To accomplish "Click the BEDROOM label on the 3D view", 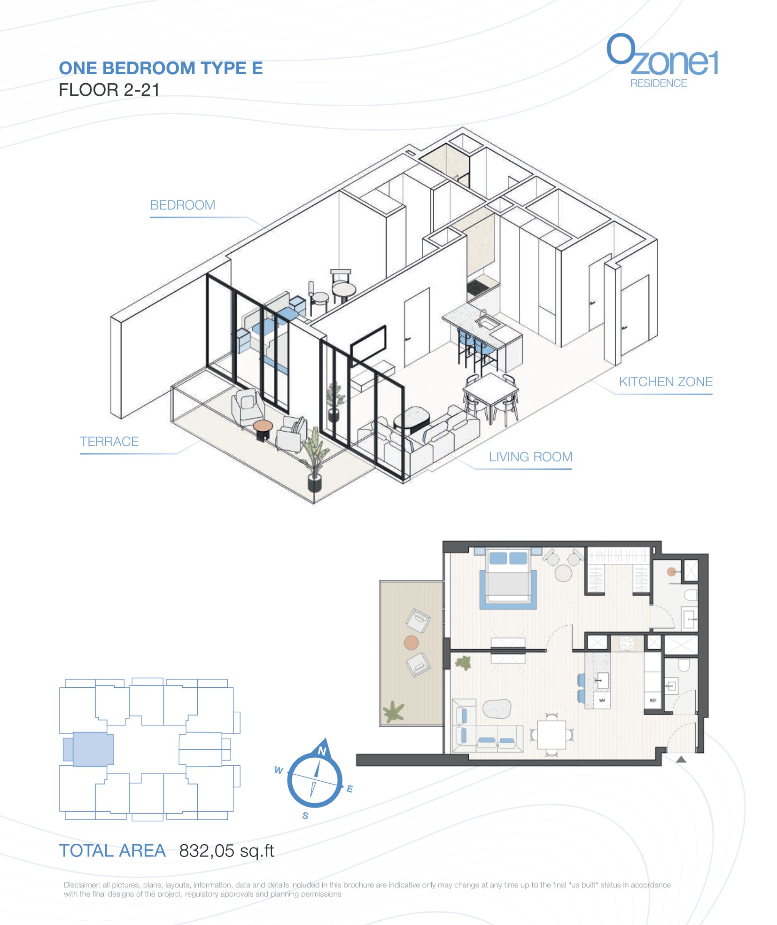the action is (x=183, y=205).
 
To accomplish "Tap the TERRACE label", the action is (x=109, y=442).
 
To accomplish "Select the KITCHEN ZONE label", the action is (x=666, y=381).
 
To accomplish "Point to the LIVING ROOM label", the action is (x=530, y=457).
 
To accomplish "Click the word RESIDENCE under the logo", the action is (x=659, y=83).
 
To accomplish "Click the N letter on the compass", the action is (x=322, y=751).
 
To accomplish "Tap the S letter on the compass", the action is (x=305, y=816).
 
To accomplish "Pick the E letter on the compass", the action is (x=350, y=789).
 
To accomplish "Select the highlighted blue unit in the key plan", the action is (x=89, y=749).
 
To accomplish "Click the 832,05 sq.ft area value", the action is (x=226, y=851).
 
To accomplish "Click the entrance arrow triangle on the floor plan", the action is (x=681, y=759).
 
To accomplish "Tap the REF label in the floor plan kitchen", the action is (x=653, y=700).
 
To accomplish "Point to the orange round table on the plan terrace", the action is (x=412, y=642).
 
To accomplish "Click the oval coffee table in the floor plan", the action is (x=497, y=709).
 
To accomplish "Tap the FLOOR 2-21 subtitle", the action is (x=109, y=90).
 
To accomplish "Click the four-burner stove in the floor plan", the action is (x=627, y=643).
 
